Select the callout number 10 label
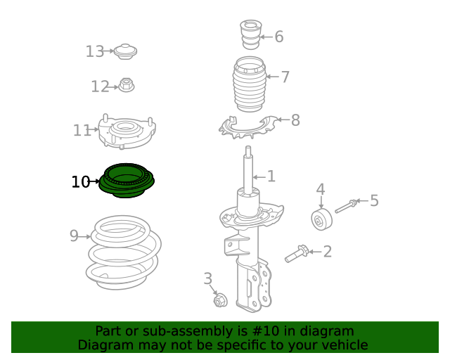click(80, 182)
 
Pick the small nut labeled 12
click(127, 86)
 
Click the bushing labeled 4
click(322, 219)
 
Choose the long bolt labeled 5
click(347, 205)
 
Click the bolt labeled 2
click(297, 253)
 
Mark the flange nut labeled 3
click(219, 301)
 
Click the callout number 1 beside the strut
click(271, 176)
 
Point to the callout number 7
click(285, 77)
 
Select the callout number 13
click(95, 51)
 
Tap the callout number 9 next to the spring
click(74, 236)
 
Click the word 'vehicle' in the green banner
click(342, 345)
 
